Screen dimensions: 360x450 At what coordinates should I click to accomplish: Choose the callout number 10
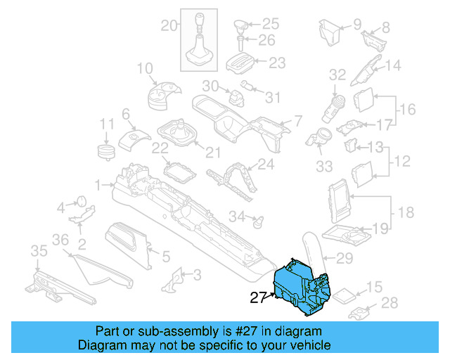[144, 68]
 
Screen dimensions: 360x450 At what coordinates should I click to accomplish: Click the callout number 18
[406, 212]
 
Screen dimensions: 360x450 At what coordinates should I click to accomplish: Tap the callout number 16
[408, 110]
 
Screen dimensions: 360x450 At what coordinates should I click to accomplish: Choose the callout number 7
[298, 120]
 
